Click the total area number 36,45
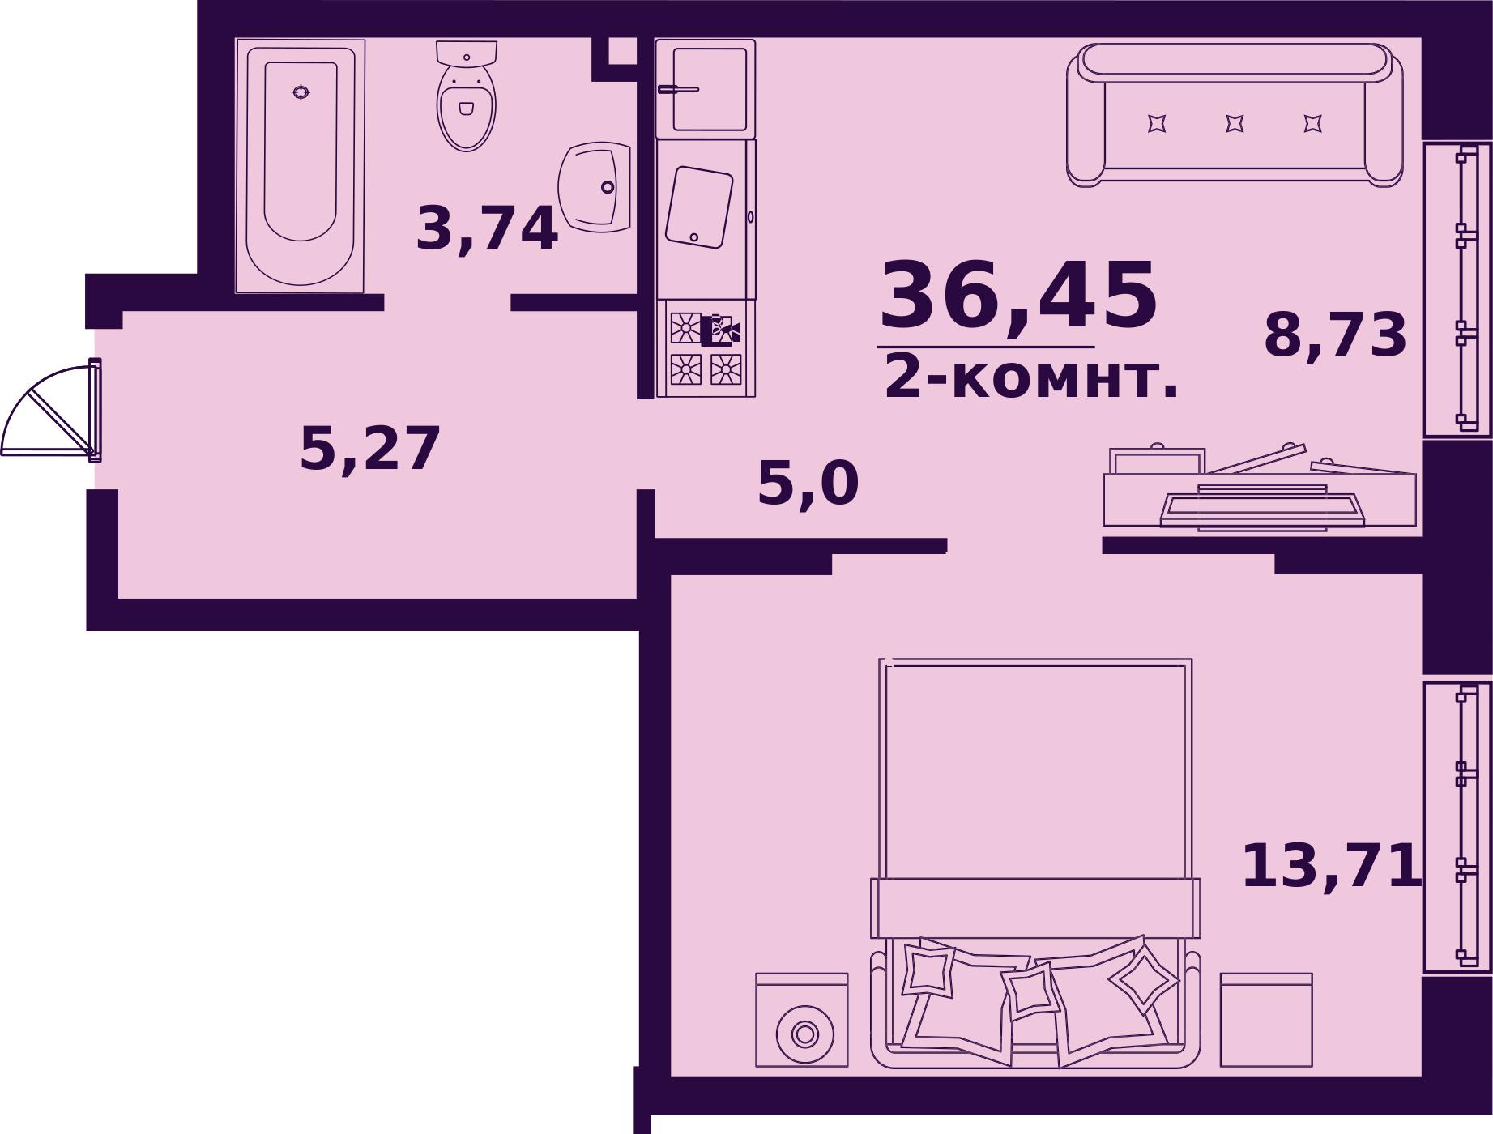click(1018, 297)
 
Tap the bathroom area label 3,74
click(486, 229)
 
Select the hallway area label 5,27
click(369, 449)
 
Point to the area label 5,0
click(808, 484)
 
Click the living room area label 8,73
click(1335, 335)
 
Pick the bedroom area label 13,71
click(1331, 867)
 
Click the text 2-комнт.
click(1030, 378)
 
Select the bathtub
click(300, 166)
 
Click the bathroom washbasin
click(595, 187)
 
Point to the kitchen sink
click(698, 207)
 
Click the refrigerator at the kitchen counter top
click(706, 88)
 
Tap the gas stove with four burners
click(706, 349)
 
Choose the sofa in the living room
click(1235, 115)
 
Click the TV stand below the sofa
click(1259, 494)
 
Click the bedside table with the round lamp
click(802, 1021)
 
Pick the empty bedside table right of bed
click(1265, 1021)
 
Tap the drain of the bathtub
click(301, 92)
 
